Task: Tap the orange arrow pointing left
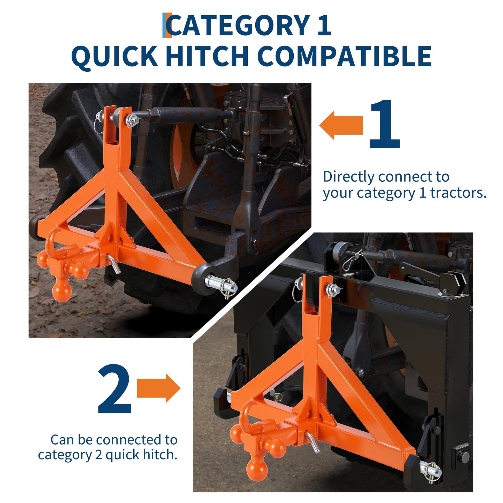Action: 341,125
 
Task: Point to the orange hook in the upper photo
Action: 53,240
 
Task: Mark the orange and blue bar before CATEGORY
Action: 167,25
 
